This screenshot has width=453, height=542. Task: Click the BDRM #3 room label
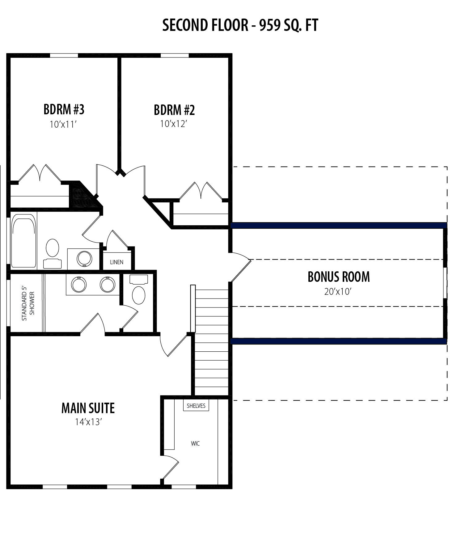[64, 109]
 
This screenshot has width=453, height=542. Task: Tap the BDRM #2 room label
[174, 110]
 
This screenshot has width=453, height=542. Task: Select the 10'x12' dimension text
[174, 124]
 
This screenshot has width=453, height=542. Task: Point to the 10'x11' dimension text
[63, 125]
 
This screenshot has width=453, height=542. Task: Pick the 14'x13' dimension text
[88, 422]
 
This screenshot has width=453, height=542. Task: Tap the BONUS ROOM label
[339, 277]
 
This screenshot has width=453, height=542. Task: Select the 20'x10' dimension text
[338, 291]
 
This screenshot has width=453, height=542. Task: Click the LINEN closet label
[117, 262]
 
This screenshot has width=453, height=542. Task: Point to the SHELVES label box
[196, 406]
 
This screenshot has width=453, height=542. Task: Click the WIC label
[195, 443]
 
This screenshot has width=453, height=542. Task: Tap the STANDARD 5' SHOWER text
[28, 304]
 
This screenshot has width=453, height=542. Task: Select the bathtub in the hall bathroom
[23, 241]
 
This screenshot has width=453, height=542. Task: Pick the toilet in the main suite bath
[139, 290]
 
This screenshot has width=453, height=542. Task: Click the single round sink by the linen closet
[84, 258]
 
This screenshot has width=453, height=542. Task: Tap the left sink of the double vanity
[79, 284]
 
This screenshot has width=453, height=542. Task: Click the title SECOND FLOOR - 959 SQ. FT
[240, 25]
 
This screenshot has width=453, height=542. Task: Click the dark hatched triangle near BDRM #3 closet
[82, 195]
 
